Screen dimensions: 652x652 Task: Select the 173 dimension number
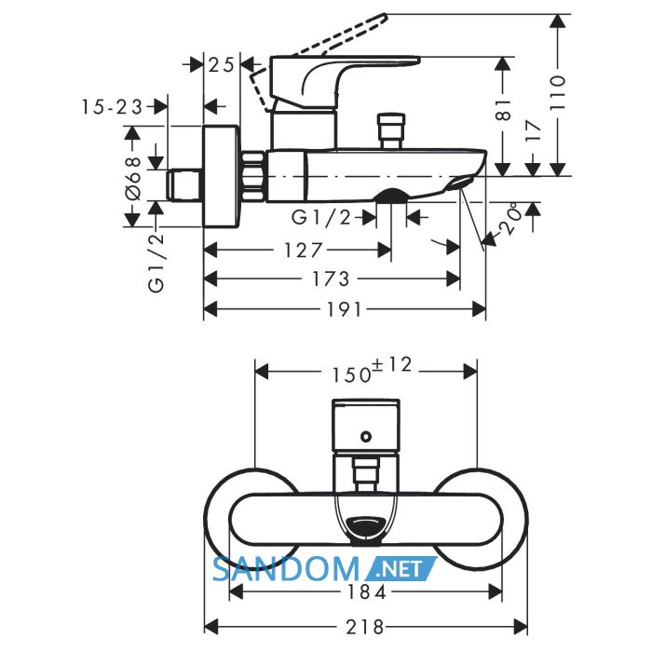click(x=332, y=278)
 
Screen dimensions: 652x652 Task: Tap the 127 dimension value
click(x=303, y=251)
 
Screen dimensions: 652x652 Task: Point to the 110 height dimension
click(x=558, y=92)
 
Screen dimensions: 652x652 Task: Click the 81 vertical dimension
click(x=503, y=110)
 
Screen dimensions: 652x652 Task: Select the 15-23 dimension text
click(x=112, y=107)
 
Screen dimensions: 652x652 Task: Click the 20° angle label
click(x=510, y=220)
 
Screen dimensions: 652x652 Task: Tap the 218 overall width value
click(x=364, y=627)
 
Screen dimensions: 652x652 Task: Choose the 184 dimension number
click(x=366, y=591)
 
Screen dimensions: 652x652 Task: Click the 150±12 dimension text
click(x=372, y=370)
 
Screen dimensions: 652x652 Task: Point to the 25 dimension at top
click(x=222, y=64)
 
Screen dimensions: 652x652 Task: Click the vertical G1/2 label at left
click(x=156, y=263)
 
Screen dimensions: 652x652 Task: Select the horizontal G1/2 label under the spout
click(x=321, y=217)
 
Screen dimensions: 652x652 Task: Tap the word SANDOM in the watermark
click(x=286, y=569)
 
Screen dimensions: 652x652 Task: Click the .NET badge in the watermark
click(x=401, y=568)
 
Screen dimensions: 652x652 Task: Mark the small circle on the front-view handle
click(x=366, y=437)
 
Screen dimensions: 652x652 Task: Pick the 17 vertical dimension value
click(x=533, y=132)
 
